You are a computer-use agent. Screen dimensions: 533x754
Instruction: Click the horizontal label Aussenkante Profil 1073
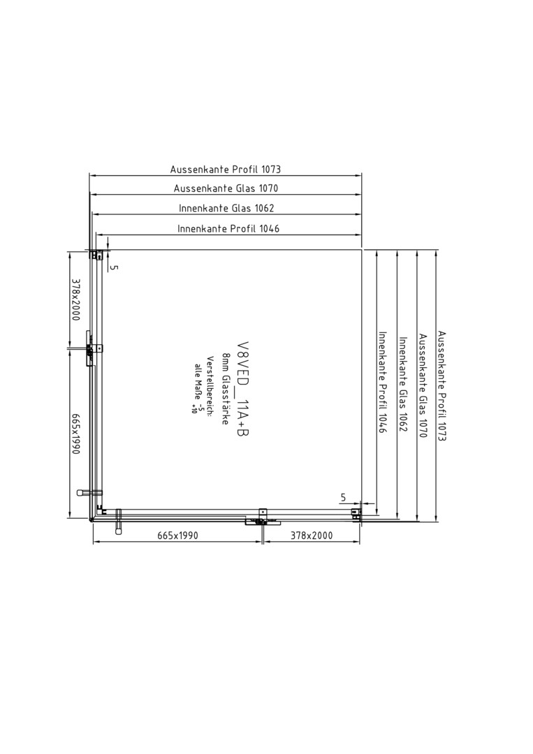point(225,169)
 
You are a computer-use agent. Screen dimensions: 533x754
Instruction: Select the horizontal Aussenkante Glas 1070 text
point(226,188)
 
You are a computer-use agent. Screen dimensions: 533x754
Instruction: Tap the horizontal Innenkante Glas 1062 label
point(226,208)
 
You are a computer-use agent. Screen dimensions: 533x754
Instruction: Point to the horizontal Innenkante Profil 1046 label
point(228,228)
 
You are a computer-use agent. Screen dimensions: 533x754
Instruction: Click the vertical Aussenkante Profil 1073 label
point(441,385)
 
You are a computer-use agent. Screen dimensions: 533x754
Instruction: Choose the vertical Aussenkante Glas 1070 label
point(423,385)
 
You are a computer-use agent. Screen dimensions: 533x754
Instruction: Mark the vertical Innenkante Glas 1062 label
point(402,384)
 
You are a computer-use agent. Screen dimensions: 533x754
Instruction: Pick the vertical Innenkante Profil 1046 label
point(382,383)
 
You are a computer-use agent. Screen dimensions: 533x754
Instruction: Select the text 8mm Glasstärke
point(225,389)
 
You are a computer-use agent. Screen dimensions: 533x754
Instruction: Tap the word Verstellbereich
point(210,386)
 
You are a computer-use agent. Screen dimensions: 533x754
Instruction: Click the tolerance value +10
point(194,408)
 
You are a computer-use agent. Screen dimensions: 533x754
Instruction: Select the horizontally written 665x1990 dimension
point(177,535)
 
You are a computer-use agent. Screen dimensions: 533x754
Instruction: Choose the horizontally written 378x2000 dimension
point(312,535)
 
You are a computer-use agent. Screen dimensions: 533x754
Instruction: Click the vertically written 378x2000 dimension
point(75,300)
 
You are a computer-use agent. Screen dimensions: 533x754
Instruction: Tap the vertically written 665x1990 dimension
point(75,434)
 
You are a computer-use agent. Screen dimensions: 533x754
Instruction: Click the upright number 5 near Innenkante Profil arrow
point(343,498)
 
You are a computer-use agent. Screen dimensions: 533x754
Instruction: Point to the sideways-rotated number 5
point(114,267)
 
